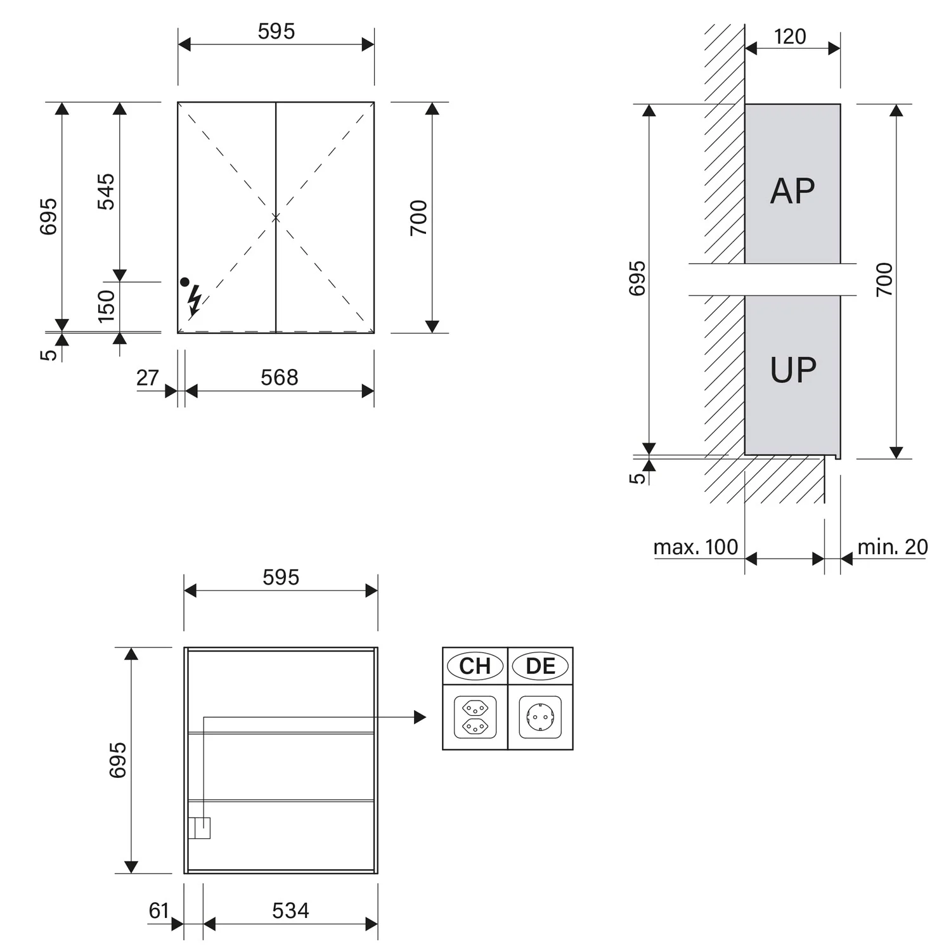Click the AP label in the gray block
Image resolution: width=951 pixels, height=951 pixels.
(x=792, y=191)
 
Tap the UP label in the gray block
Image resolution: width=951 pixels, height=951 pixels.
(x=792, y=370)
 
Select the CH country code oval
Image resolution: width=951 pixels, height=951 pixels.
(x=475, y=666)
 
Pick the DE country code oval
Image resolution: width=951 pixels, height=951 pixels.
(x=541, y=666)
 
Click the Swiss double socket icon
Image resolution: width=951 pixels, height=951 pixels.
(x=475, y=717)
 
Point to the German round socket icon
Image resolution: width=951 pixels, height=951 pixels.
(x=540, y=717)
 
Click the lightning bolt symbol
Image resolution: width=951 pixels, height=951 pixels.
(x=195, y=301)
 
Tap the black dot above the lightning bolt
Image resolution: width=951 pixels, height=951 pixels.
(x=184, y=281)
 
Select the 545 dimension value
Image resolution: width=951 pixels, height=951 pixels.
(x=106, y=191)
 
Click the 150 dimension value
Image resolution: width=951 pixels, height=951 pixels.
(x=107, y=306)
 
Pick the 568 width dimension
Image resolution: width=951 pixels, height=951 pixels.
(x=279, y=378)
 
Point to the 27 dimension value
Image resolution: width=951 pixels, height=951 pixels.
(x=147, y=378)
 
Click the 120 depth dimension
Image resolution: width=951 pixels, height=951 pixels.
(x=790, y=37)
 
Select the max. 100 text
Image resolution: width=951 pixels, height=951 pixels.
(x=695, y=547)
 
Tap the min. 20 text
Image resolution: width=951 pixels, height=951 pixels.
(x=893, y=547)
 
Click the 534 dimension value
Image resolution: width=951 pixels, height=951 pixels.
(x=290, y=910)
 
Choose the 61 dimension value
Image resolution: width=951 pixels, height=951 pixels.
(x=158, y=910)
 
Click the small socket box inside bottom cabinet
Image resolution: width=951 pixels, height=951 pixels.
(x=199, y=828)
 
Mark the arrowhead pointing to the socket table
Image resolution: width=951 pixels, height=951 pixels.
(x=420, y=717)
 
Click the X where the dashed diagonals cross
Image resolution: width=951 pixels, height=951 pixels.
(x=276, y=217)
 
